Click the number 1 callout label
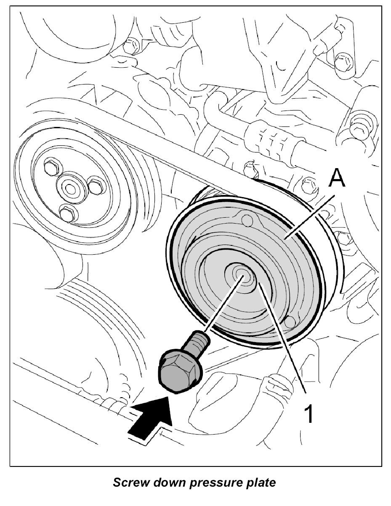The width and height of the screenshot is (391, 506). (x=309, y=414)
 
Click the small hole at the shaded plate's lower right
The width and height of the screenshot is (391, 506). (x=289, y=322)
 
